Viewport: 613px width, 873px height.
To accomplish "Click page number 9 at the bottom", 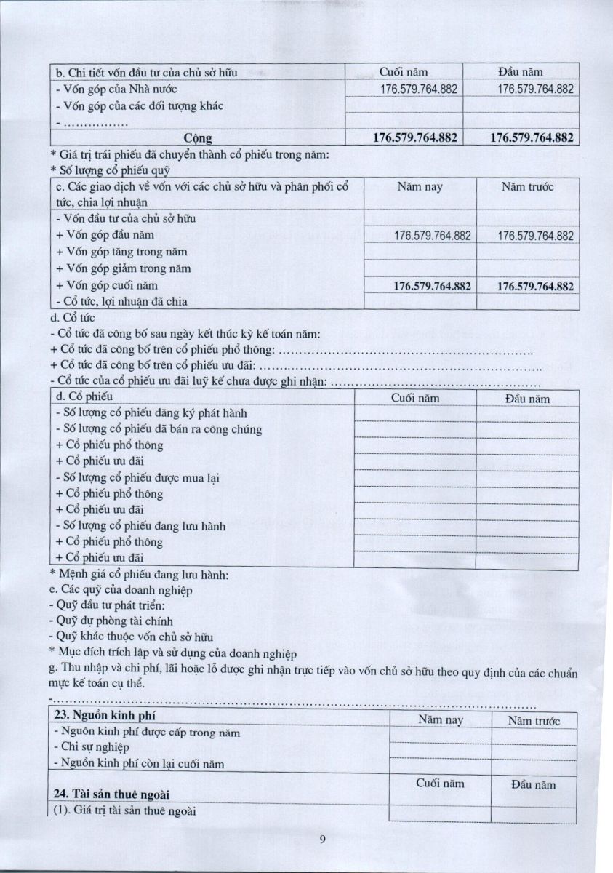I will (321, 840).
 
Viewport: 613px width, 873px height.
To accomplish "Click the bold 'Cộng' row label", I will (198, 137).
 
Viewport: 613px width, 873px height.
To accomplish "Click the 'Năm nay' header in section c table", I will (420, 187).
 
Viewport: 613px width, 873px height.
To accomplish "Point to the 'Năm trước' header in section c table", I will (527, 187).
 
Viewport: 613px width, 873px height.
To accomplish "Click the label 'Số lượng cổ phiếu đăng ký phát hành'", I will (141, 412).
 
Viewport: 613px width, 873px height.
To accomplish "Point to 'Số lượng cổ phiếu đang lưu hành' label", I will (140, 525).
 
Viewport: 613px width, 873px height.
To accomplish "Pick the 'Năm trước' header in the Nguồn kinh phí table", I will (534, 721).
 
